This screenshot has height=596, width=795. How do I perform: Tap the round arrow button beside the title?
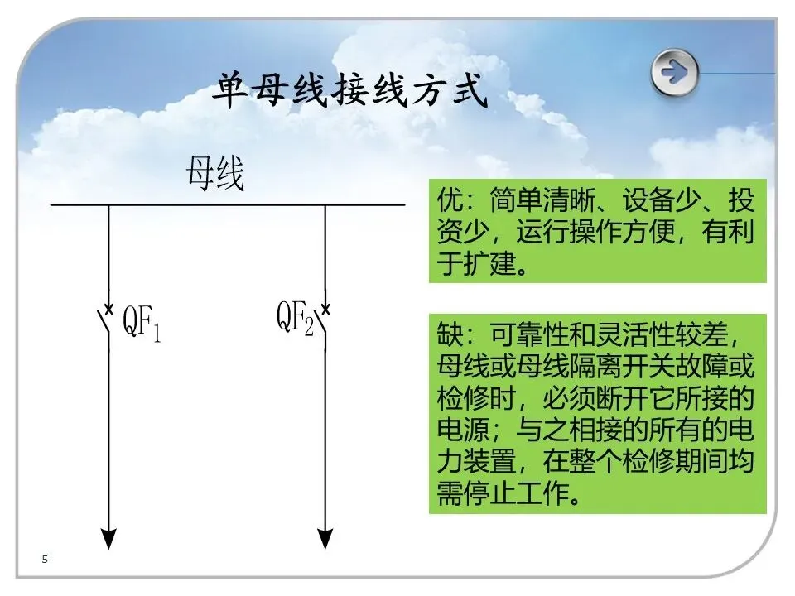point(674,72)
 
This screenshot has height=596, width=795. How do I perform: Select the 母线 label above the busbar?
point(215,175)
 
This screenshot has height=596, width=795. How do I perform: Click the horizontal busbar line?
point(228,204)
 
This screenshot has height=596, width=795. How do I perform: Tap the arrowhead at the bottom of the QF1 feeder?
point(108,538)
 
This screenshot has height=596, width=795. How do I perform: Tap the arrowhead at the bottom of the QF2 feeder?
point(325,538)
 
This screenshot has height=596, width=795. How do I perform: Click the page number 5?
point(45,560)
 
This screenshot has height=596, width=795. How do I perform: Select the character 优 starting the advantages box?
point(447,201)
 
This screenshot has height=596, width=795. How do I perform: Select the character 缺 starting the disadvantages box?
point(447,336)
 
